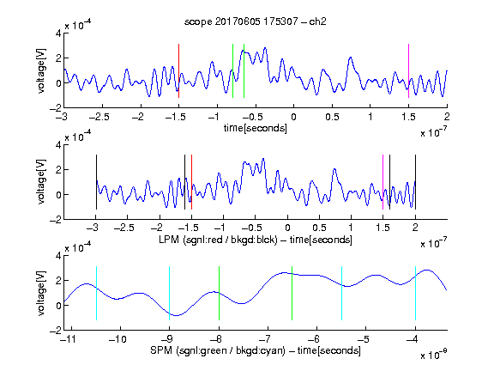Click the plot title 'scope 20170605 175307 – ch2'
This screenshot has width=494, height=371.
(256, 21)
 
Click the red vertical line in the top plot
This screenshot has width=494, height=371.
(178, 71)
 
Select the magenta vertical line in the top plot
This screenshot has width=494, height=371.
(408, 71)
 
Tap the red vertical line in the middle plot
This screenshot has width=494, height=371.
(191, 182)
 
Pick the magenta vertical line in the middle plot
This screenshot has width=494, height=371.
(383, 182)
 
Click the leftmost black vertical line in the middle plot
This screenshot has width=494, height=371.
(96, 182)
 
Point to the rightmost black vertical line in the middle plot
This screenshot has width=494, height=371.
(415, 182)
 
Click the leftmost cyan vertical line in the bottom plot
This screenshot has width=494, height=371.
(96, 294)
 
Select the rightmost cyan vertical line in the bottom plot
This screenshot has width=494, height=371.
(415, 294)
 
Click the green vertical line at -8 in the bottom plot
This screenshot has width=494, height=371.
(219, 294)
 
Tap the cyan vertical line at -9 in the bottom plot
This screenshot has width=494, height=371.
(170, 294)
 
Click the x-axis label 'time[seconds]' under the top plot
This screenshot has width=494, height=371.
(256, 128)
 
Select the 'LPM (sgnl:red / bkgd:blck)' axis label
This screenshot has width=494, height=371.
(218, 240)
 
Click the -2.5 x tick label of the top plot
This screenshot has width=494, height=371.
(99, 117)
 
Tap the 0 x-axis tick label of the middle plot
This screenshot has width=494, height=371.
(287, 228)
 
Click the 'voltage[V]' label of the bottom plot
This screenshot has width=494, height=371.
(41, 294)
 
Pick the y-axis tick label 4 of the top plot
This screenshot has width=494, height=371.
(58, 33)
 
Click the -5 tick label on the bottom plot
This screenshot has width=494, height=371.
(363, 339)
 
